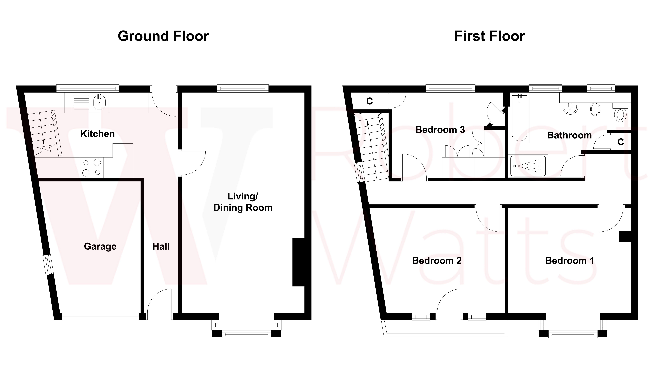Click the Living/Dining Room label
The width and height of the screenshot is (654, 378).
pyautogui.click(x=243, y=202)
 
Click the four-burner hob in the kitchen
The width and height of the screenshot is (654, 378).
pyautogui.click(x=92, y=167)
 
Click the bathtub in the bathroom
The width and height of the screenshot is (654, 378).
pyautogui.click(x=519, y=118)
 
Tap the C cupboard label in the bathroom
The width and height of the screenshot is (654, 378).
pyautogui.click(x=621, y=142)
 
